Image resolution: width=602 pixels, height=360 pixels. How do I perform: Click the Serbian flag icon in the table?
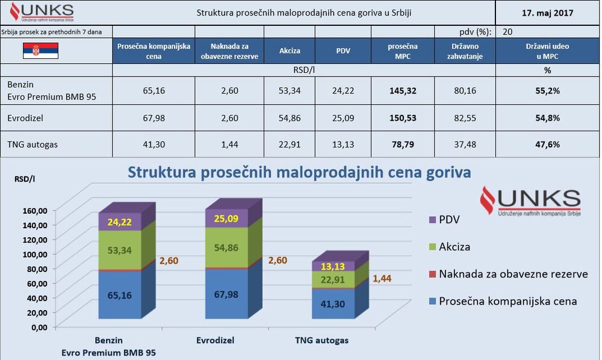[x=40, y=51]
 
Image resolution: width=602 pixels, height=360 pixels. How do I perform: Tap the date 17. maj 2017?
[x=547, y=12]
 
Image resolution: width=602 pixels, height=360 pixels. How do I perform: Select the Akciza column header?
[x=290, y=51]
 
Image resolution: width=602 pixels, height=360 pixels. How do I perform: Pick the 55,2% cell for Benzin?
[x=547, y=91]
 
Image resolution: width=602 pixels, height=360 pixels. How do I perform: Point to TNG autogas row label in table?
[x=30, y=144]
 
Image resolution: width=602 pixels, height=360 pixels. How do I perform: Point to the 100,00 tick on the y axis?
[x=35, y=254]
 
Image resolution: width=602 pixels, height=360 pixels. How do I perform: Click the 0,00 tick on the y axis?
[x=39, y=327]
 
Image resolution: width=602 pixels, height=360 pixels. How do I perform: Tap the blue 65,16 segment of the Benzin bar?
[x=120, y=295]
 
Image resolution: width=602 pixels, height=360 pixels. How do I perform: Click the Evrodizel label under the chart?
[x=215, y=340]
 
